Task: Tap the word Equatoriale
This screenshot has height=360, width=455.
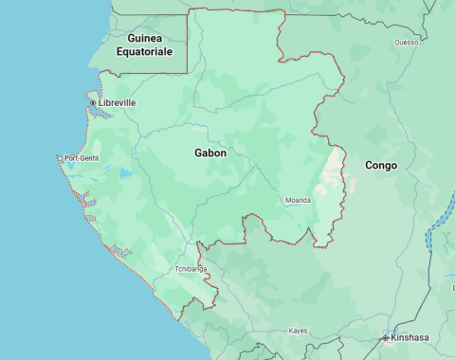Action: coord(144,52)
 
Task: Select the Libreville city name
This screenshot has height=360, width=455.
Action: coord(118,102)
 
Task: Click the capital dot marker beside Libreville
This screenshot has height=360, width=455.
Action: coord(93,102)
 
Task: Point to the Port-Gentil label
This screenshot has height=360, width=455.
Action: coord(82,158)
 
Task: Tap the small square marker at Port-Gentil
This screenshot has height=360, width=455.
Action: coord(62,158)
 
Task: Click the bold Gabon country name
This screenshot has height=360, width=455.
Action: coord(210,153)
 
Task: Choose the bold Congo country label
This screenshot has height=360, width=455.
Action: coord(381,165)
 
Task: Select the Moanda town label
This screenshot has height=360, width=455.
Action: coord(298,200)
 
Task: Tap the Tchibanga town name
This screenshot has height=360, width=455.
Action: coord(190,269)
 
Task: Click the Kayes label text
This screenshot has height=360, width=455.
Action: coord(299,331)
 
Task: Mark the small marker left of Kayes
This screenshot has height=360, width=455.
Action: coord(285,331)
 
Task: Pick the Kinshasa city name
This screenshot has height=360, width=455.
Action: coord(409,337)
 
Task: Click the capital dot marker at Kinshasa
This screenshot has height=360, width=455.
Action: coord(385,337)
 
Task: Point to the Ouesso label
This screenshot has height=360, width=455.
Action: coord(406,43)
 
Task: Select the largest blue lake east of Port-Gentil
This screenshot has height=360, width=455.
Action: coord(125,173)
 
